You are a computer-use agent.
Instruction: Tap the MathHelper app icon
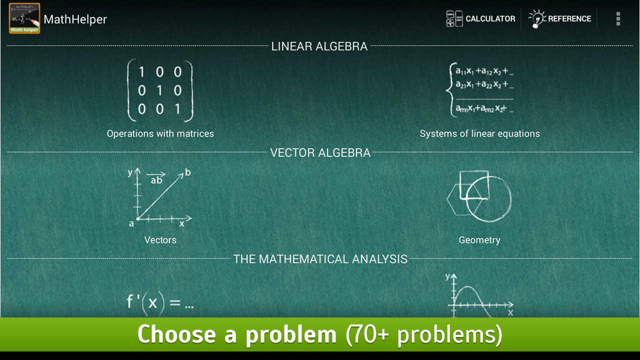(x=24, y=18)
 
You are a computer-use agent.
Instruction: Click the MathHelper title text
(x=75, y=19)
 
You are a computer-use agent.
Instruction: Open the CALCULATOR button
(x=481, y=19)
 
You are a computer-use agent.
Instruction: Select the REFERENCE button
(x=560, y=19)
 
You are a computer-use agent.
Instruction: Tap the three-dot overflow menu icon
(x=618, y=19)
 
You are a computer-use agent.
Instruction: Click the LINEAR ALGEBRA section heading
(x=319, y=46)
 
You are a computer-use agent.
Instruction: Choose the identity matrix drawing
(x=160, y=90)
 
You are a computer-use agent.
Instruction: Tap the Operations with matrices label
(x=160, y=133)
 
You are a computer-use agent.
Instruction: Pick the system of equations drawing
(x=480, y=90)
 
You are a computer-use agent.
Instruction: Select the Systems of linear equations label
(x=479, y=133)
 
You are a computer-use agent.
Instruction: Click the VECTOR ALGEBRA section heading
(x=320, y=153)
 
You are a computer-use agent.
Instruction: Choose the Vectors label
(x=160, y=240)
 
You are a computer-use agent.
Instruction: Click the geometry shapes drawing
(x=479, y=196)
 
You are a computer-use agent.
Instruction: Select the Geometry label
(x=479, y=240)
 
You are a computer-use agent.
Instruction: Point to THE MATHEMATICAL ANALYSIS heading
(x=320, y=259)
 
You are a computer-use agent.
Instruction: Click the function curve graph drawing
(x=479, y=296)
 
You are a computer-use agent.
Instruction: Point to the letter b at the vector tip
(x=188, y=172)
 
